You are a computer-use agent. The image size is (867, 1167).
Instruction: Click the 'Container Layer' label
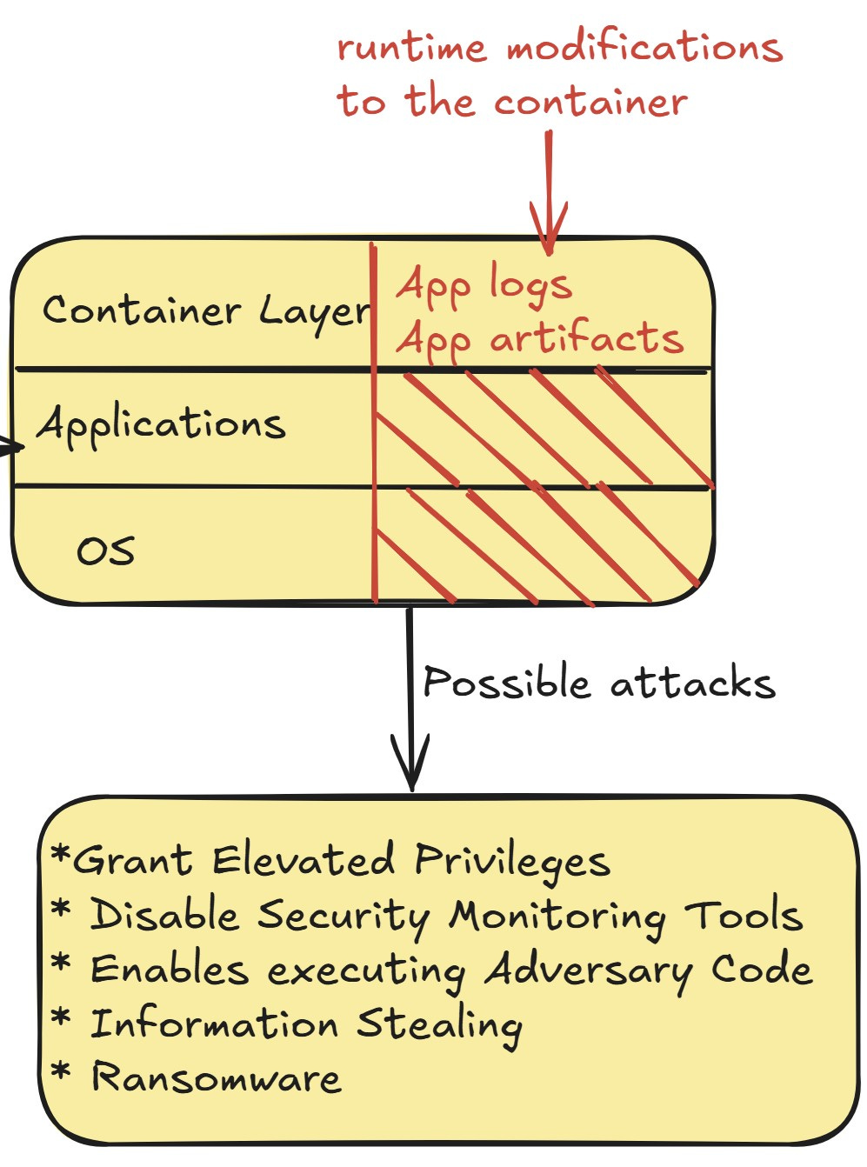pyautogui.click(x=206, y=311)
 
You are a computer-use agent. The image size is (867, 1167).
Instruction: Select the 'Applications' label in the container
pyautogui.click(x=161, y=425)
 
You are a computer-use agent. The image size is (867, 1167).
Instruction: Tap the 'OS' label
pyautogui.click(x=105, y=550)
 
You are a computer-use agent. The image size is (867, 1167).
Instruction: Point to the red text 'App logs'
pyautogui.click(x=484, y=285)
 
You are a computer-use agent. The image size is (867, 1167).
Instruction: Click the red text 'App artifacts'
pyautogui.click(x=539, y=339)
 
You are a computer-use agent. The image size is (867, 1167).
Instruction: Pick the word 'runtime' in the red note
pyautogui.click(x=410, y=47)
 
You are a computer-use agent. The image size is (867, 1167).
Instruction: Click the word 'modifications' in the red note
pyautogui.click(x=644, y=47)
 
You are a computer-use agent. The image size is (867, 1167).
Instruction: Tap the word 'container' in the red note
pyautogui.click(x=590, y=102)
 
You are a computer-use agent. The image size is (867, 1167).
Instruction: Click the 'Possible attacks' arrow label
pyautogui.click(x=598, y=684)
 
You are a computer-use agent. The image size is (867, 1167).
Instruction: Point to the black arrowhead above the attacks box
pyautogui.click(x=411, y=765)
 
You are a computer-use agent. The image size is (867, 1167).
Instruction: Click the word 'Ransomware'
pyautogui.click(x=217, y=1077)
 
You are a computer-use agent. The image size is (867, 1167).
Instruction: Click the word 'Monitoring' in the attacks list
pyautogui.click(x=557, y=917)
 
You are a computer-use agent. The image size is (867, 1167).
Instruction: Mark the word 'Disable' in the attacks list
pyautogui.click(x=164, y=916)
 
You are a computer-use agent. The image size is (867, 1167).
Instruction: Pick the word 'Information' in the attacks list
pyautogui.click(x=214, y=1024)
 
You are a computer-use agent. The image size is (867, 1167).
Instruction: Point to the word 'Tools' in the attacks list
pyautogui.click(x=743, y=916)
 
